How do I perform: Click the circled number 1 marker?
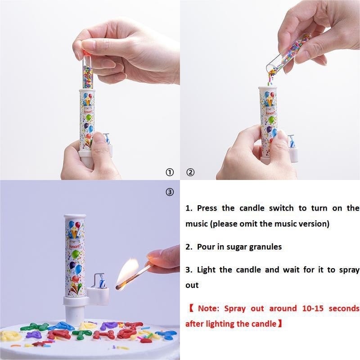click(170, 172)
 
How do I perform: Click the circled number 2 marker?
click(190, 172)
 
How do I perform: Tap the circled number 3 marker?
click(170, 192)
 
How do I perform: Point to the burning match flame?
click(127, 273)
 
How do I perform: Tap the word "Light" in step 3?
click(206, 270)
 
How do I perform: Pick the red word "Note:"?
click(208, 308)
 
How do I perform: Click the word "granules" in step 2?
click(265, 247)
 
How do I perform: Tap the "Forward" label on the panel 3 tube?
click(75, 247)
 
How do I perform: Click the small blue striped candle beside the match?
click(102, 282)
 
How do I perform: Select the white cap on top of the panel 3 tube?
click(75, 217)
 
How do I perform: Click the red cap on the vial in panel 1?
click(87, 54)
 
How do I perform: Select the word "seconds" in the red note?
click(344, 308)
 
